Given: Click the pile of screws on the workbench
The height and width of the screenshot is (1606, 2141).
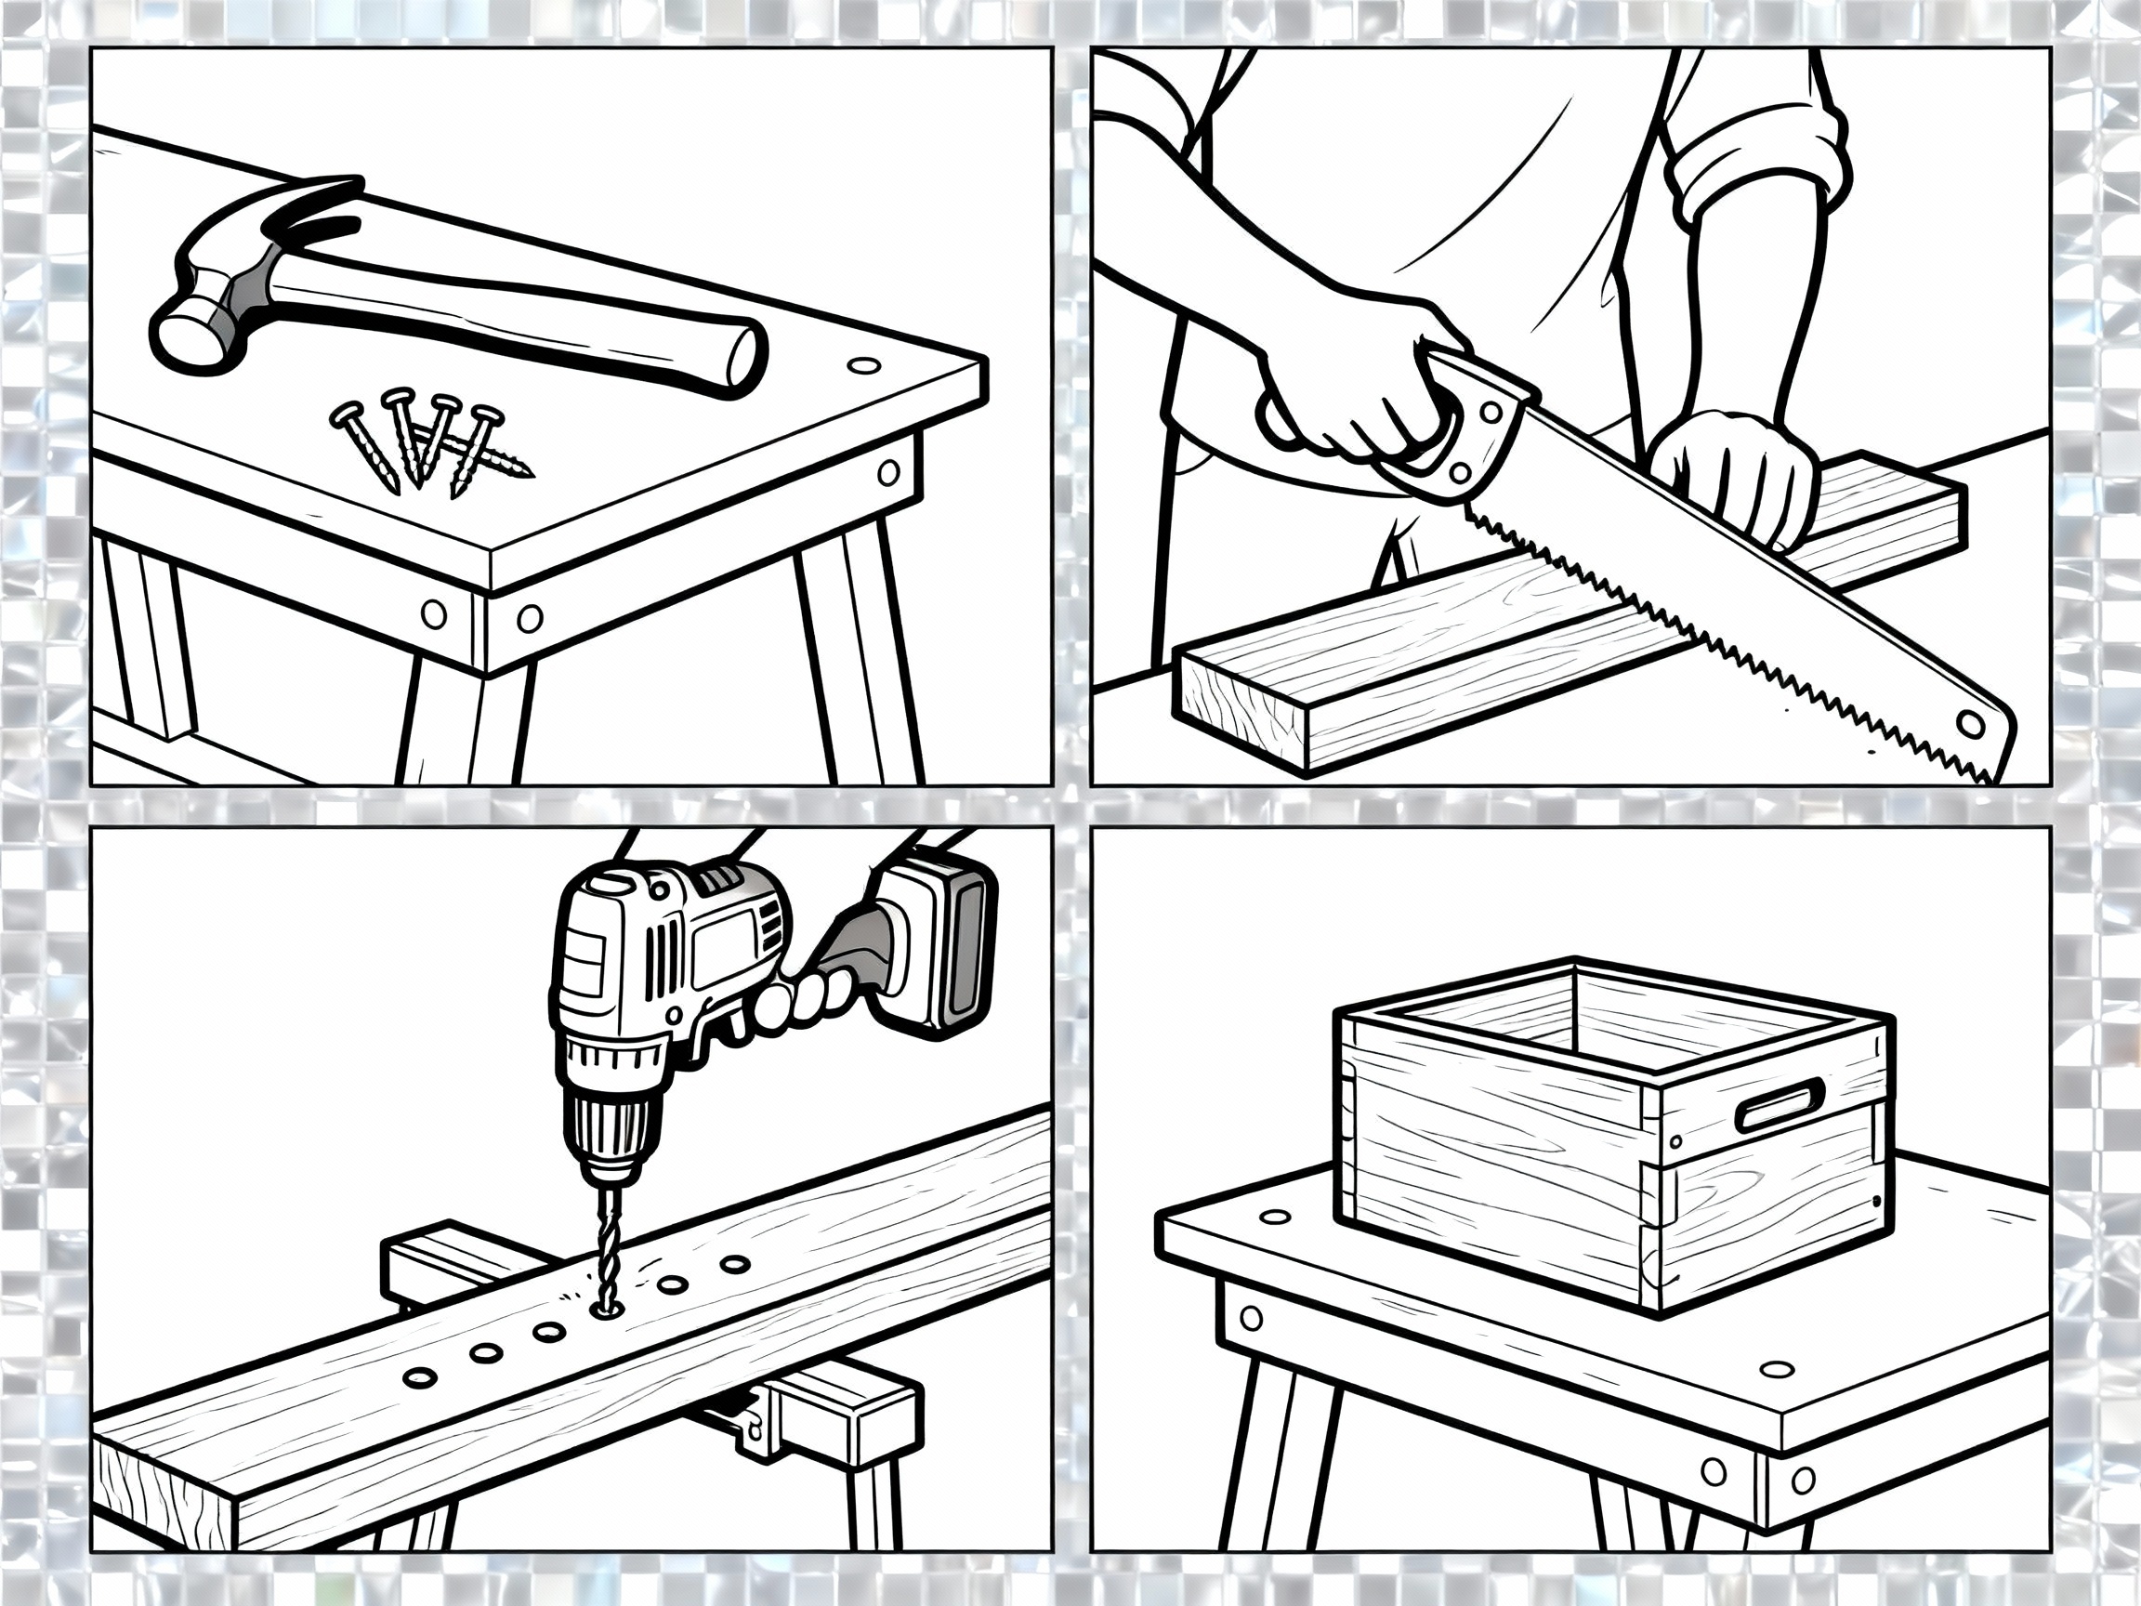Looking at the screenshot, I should [426, 442].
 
